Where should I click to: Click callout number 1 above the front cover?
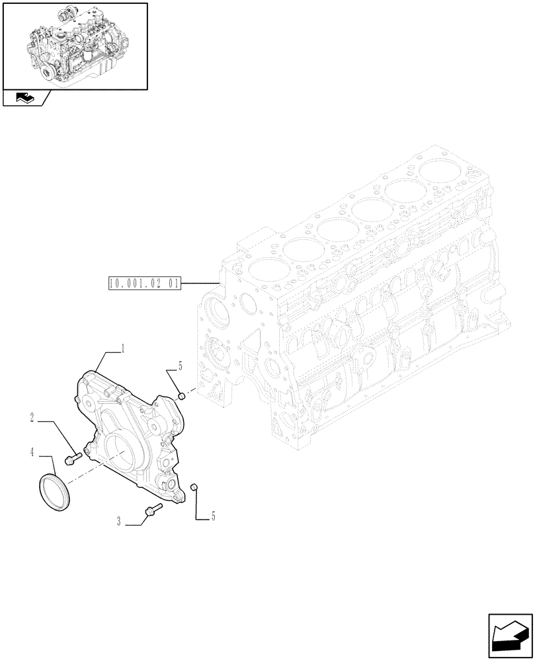click(x=123, y=348)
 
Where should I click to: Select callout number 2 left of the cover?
click(x=31, y=416)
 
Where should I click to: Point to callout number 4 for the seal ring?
click(x=32, y=453)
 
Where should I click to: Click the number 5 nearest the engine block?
click(x=179, y=366)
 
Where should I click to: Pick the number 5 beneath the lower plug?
click(x=212, y=516)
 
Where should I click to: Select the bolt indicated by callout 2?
click(x=73, y=456)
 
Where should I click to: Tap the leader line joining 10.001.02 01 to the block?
click(x=200, y=284)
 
